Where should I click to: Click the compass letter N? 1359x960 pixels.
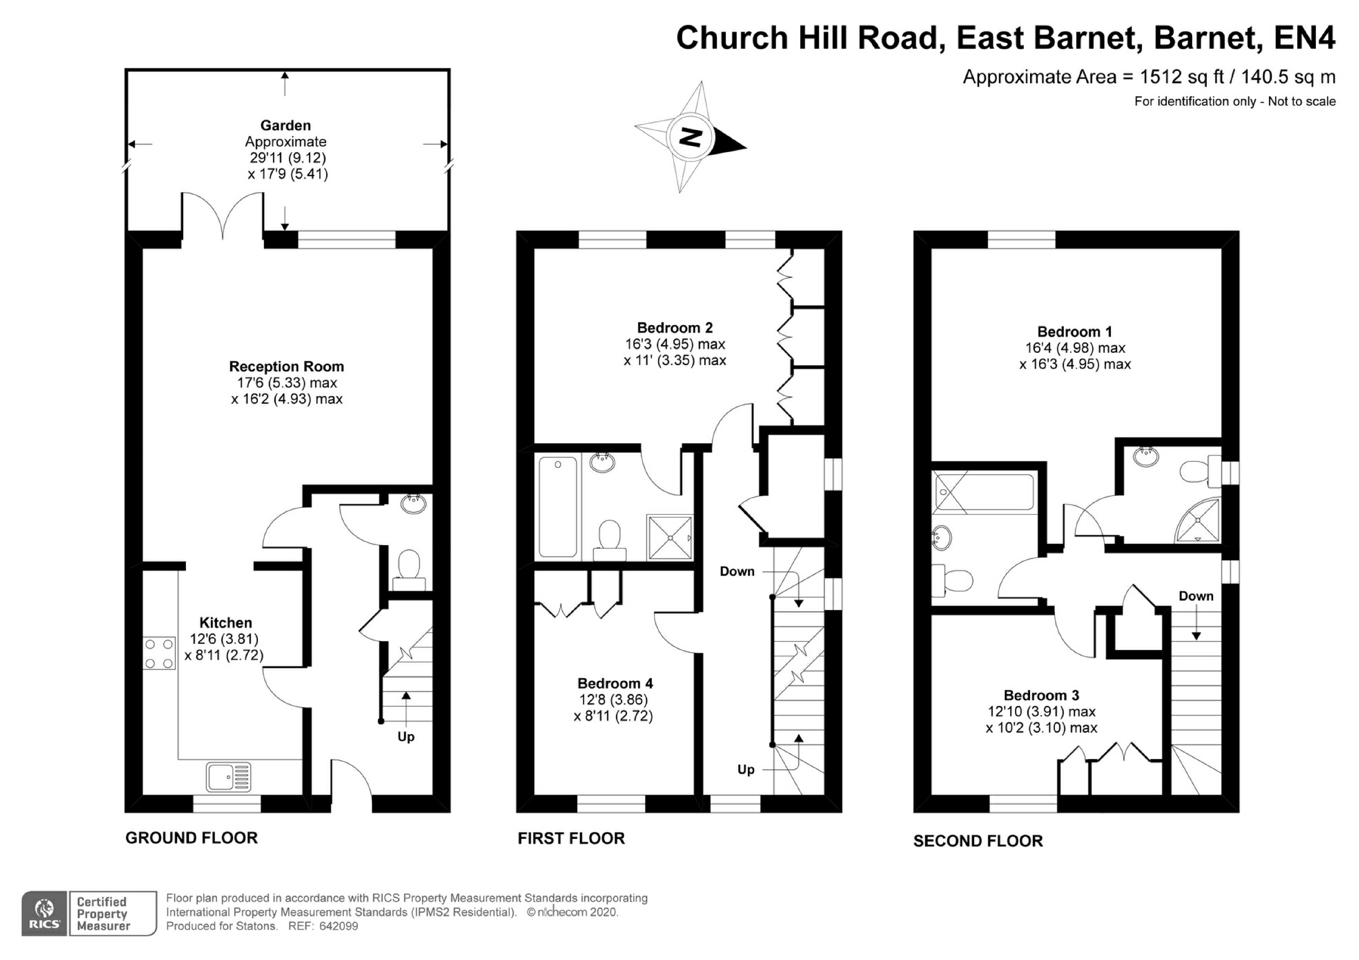coord(690,137)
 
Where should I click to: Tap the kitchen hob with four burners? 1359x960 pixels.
coord(159,653)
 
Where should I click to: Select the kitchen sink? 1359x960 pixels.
coord(228,776)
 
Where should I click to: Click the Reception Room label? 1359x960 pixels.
coord(287,367)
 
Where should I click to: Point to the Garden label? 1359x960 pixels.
coord(285,125)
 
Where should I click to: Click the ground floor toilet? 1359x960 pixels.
coord(409,568)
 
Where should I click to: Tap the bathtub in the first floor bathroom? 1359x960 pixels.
coord(558,506)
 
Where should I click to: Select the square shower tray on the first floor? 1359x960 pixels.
coord(669,537)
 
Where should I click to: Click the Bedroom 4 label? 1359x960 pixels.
coord(615,684)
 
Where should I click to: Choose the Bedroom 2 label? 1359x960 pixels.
coord(675,328)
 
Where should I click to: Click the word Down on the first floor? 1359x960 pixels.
coord(737,572)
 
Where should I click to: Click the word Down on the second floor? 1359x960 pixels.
coord(1196,596)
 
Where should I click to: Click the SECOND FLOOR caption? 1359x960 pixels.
coord(978,841)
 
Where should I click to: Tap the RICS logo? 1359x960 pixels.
coord(44,914)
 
